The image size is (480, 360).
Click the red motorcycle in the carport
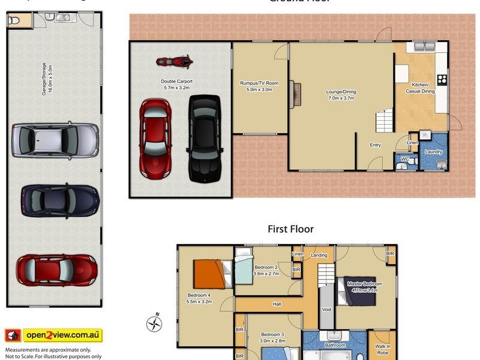point(174,61)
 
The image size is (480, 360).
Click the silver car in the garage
point(55,140)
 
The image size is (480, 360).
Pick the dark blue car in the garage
point(59,200)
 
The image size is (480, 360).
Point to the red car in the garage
point(56,269)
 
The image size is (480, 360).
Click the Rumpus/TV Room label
point(259,86)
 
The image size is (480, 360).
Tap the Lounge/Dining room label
point(341,95)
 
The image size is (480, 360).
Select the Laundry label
point(433,152)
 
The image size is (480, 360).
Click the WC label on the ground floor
point(404,159)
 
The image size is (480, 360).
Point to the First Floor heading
point(290,229)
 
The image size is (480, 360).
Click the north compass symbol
point(155,323)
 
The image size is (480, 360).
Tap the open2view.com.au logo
point(54,335)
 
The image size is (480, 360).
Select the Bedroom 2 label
point(266,271)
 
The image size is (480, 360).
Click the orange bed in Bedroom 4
point(211,274)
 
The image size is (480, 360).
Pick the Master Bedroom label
point(364,286)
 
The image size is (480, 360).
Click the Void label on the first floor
point(326,310)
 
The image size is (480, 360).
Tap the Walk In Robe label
point(382,349)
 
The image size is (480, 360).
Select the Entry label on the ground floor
point(375,145)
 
